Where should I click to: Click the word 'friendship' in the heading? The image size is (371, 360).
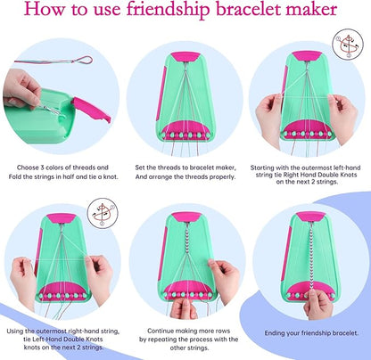(169, 12)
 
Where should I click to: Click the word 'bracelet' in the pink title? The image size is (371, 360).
(248, 12)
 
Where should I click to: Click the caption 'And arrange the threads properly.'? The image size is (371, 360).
(185, 176)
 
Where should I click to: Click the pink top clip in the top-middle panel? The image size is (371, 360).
(185, 57)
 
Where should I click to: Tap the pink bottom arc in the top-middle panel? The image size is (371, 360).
(185, 127)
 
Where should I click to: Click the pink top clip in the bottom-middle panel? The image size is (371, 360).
(185, 217)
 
